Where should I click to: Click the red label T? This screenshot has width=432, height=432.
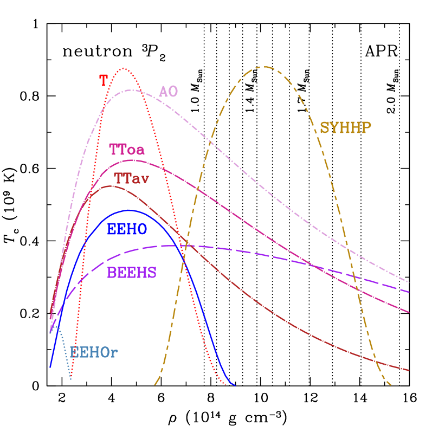(104, 81)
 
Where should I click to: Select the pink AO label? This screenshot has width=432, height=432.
(168, 91)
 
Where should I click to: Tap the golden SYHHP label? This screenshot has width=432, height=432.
(345, 128)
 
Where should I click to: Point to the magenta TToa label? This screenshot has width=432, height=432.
(127, 149)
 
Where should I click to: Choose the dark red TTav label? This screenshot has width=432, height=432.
(131, 178)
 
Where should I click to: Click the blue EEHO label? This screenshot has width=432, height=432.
(127, 229)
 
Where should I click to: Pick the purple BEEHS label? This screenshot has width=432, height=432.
(132, 273)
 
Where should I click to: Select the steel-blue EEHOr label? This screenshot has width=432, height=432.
(94, 353)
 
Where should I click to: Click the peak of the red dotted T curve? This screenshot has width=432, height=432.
(124, 68)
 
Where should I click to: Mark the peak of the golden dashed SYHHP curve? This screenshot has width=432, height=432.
(265, 67)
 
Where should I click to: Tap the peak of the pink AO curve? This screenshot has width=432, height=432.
(132, 90)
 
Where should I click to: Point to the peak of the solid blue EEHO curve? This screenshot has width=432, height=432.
(129, 210)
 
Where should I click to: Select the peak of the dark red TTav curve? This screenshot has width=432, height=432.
(110, 186)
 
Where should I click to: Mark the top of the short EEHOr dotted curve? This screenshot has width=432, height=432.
(55, 326)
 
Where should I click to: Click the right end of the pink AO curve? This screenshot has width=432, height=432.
(408, 282)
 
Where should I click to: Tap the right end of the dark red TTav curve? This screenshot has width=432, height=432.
(409, 371)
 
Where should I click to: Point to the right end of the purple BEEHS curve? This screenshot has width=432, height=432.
(409, 292)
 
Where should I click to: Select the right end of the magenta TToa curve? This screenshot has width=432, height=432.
(409, 313)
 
